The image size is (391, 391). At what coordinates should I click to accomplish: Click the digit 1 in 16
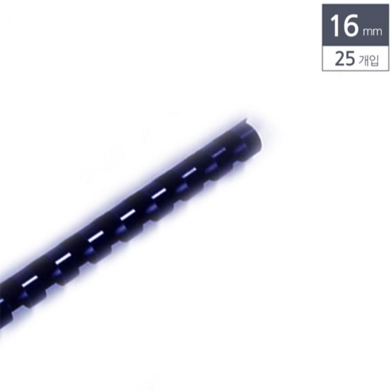[x=335, y=26]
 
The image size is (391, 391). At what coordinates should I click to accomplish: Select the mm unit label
[x=372, y=32]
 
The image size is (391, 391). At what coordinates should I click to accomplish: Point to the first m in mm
[x=367, y=32]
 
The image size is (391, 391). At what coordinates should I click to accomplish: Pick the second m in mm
[x=377, y=32]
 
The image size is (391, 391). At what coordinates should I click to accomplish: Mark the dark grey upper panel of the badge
[x=356, y=25]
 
